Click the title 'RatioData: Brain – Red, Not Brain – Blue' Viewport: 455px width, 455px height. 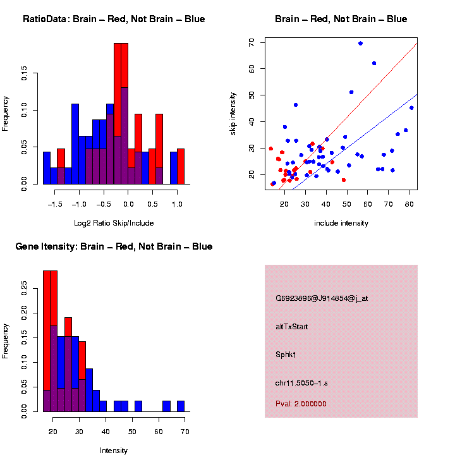coord(114,19)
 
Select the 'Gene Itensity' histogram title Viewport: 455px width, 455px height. coord(114,246)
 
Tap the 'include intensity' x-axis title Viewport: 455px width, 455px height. coord(341,223)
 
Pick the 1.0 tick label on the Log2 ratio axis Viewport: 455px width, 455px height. coord(177,204)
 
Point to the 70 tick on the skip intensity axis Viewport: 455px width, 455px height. coord(252,43)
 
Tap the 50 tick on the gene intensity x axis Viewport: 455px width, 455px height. coord(132,432)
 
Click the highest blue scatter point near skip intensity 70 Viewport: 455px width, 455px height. coord(360,44)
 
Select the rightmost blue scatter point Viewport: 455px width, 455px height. coord(411,108)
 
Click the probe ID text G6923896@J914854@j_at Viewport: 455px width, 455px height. coord(322,298)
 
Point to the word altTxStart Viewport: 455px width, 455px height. coord(291,327)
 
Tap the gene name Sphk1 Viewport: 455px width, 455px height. coord(286,355)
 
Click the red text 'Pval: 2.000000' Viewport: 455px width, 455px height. coord(301,403)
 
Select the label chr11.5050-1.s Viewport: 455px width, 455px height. coord(301,383)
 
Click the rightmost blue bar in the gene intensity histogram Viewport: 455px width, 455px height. coord(180,406)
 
